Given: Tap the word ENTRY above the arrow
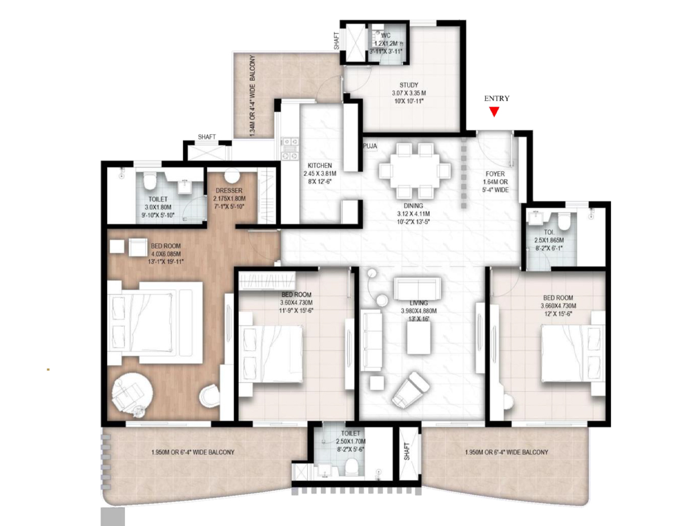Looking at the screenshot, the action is (x=496, y=98).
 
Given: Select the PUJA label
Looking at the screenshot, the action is (x=370, y=146).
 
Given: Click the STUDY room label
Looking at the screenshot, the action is (x=409, y=85).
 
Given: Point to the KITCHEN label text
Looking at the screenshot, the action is (x=320, y=165).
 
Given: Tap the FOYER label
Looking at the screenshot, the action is (x=495, y=174).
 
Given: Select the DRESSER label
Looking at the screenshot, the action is (x=229, y=190).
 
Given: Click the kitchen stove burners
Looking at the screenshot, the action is (x=290, y=149).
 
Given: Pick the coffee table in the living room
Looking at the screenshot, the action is (x=418, y=338).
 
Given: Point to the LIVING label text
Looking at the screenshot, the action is (x=418, y=303).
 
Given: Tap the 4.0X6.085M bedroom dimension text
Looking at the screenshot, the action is (x=165, y=254).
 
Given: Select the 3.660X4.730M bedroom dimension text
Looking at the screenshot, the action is (x=558, y=306).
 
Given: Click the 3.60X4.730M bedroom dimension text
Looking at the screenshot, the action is (x=296, y=303).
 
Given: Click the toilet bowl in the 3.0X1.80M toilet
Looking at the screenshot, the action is (x=149, y=180).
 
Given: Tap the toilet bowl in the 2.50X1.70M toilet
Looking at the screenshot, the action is (x=352, y=467).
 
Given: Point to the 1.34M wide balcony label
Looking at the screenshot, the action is (x=252, y=96).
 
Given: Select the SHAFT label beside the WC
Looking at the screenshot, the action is (x=336, y=41).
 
